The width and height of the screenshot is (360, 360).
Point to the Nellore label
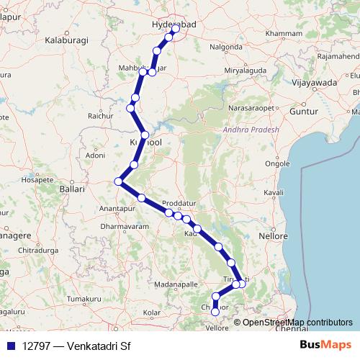274,235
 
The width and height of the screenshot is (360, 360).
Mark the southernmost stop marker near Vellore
215,312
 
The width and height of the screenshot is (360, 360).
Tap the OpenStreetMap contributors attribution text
297,322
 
